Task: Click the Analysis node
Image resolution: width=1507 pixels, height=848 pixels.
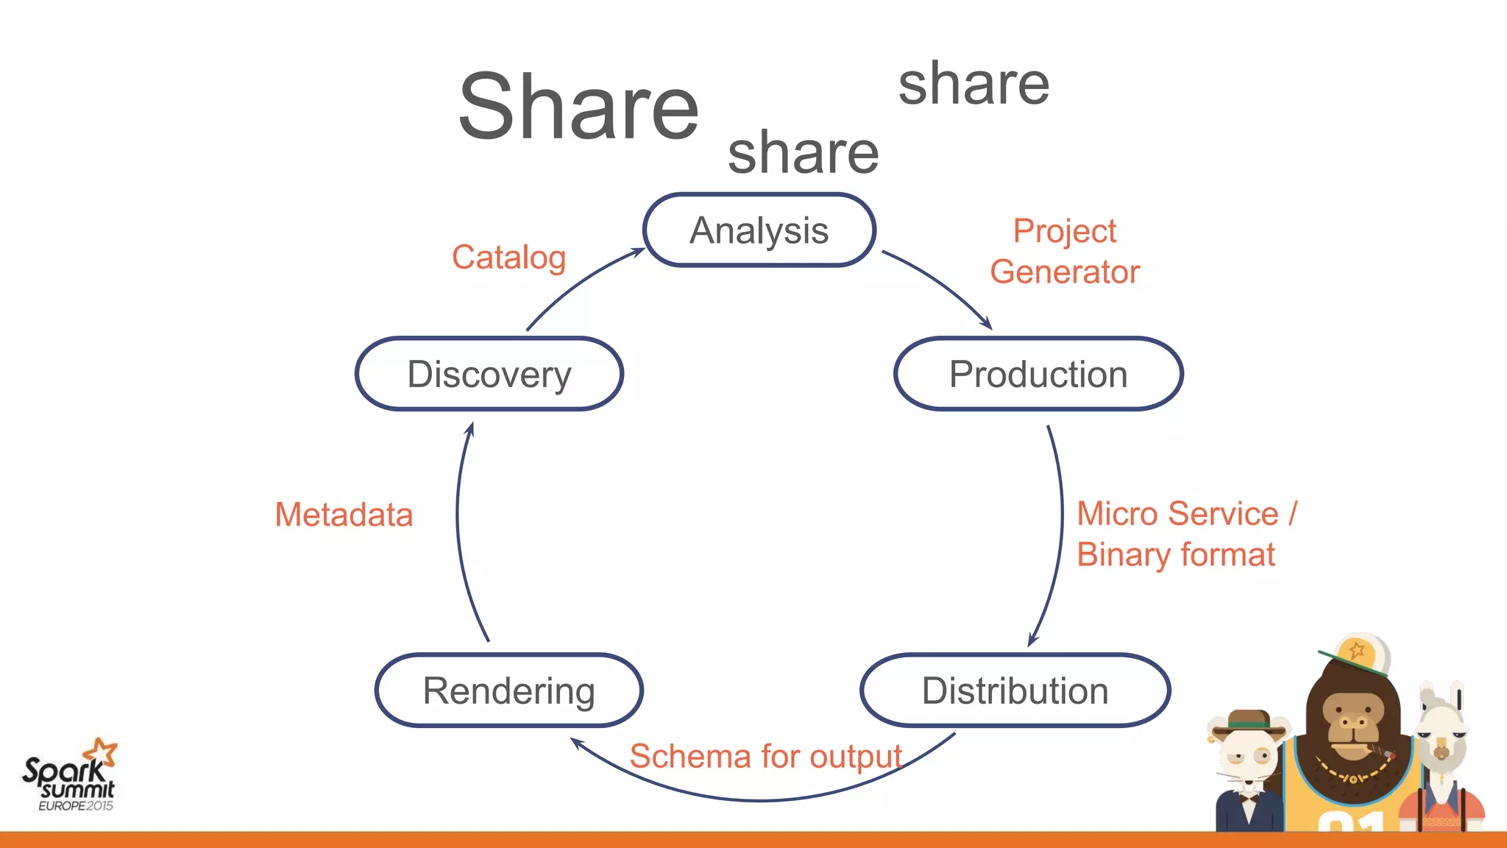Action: (759, 230)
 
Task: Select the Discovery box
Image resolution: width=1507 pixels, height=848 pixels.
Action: (489, 374)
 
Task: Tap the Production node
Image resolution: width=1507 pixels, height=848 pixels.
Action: (1038, 374)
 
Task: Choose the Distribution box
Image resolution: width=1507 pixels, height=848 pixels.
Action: (1015, 690)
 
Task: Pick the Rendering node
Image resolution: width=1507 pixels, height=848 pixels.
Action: (508, 690)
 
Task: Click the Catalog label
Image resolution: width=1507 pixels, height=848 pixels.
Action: (508, 258)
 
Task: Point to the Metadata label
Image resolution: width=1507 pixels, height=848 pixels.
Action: (344, 515)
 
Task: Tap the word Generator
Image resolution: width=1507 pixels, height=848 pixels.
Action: (1064, 272)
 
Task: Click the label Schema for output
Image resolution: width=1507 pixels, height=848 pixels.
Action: (765, 757)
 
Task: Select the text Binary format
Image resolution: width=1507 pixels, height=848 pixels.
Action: (1175, 554)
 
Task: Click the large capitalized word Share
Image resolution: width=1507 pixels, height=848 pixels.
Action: (578, 107)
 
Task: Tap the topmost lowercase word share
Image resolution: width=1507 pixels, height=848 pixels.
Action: (973, 84)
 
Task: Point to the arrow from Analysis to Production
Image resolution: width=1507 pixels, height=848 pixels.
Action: (942, 283)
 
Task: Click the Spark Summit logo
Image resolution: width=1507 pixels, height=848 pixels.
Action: (70, 777)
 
